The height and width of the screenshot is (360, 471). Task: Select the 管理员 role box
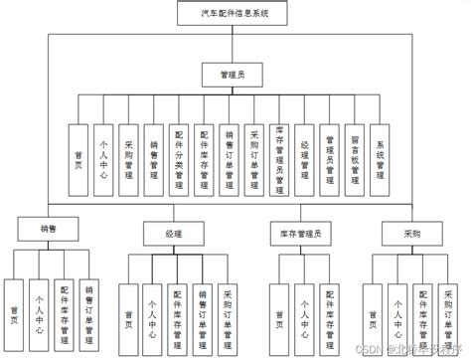click(x=235, y=74)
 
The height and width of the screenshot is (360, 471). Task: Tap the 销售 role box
click(x=48, y=229)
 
